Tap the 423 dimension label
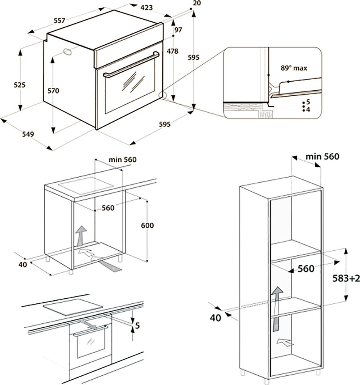(146, 7)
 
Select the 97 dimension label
(178, 30)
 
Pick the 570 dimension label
(54, 91)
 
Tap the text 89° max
(294, 68)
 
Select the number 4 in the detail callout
(308, 110)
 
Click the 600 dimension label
(147, 226)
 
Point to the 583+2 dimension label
(346, 278)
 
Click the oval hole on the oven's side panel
(68, 52)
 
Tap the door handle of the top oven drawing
(131, 64)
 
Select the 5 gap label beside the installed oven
(137, 326)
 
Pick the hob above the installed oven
(73, 307)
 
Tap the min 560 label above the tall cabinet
(322, 156)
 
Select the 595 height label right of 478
(193, 57)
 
